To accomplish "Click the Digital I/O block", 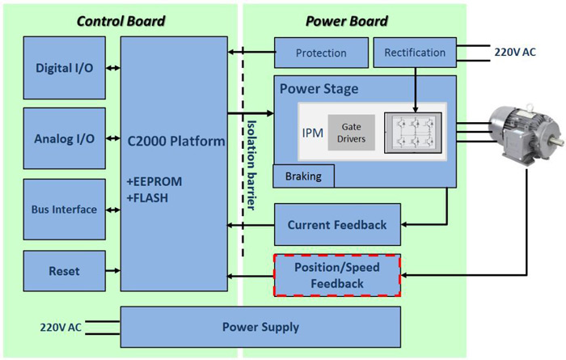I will pyautogui.click(x=64, y=68).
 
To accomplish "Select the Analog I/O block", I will pyautogui.click(x=64, y=138).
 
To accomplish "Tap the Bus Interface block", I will pyautogui.click(x=64, y=210).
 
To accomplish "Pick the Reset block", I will pyautogui.click(x=64, y=271).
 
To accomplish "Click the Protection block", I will pyautogui.click(x=321, y=53).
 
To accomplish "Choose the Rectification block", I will pyautogui.click(x=415, y=53).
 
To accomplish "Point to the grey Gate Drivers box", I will pyautogui.click(x=352, y=133).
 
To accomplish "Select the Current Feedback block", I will pyautogui.click(x=337, y=225).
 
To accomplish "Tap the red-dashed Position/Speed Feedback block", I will pyautogui.click(x=337, y=275).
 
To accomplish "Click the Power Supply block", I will pyautogui.click(x=260, y=328).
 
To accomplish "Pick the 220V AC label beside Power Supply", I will pyautogui.click(x=61, y=328).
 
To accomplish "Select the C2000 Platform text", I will pyautogui.click(x=175, y=142).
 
